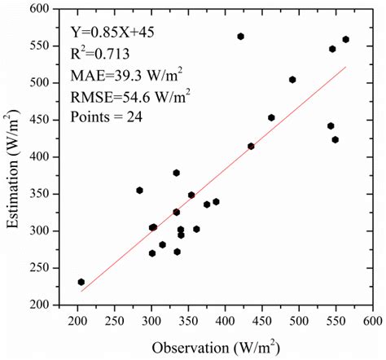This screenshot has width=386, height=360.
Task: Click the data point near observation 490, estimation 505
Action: pyautogui.click(x=292, y=80)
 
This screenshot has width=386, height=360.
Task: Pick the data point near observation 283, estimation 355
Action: pyautogui.click(x=139, y=190)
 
